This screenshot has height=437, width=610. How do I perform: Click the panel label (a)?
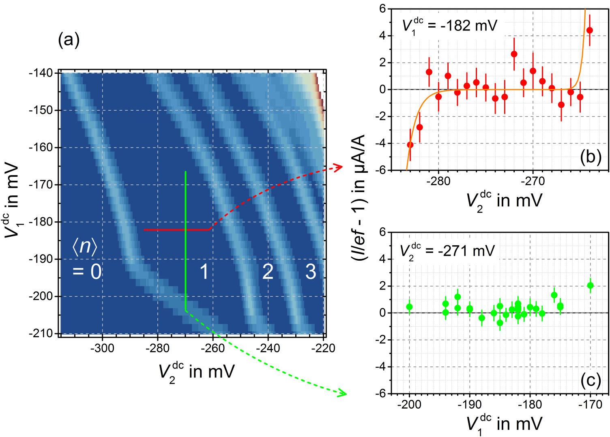[69, 41]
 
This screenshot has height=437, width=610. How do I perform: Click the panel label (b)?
[590, 156]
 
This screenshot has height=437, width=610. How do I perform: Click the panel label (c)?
[590, 380]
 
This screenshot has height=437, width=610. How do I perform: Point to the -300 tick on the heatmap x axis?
[102, 348]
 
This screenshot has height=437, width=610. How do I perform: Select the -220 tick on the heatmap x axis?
[323, 348]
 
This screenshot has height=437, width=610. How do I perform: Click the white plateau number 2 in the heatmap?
[268, 272]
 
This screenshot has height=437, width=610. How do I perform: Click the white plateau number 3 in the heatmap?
[311, 272]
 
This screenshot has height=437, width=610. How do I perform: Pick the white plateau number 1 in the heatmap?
[204, 272]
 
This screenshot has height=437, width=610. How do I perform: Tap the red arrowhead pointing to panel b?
[340, 167]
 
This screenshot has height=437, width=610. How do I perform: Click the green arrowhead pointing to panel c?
[343, 393]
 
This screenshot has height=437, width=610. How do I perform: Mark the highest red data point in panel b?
[590, 30]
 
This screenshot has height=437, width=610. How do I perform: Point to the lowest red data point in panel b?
[410, 145]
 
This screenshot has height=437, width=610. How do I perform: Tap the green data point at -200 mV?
[409, 307]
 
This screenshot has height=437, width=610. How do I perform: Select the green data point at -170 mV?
[590, 285]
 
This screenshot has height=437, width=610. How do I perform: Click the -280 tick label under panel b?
[438, 181]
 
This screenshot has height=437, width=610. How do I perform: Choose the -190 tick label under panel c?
[470, 405]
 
